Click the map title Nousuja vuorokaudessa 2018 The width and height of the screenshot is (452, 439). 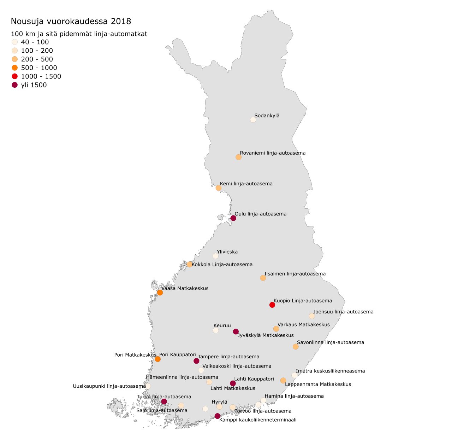71,21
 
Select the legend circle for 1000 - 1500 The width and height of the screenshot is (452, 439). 14,76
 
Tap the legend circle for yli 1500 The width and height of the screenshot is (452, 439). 14,85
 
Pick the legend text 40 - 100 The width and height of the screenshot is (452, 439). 35,42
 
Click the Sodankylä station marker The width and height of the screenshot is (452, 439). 253,120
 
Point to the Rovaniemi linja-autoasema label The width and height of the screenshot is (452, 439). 273,153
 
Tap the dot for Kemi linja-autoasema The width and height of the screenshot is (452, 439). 219,188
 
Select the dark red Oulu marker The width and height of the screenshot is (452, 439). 233,218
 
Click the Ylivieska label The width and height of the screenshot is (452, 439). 227,252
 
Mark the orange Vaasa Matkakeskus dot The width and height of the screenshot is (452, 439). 160,293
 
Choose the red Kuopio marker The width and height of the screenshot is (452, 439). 272,305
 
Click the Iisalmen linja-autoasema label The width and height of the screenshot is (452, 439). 295,273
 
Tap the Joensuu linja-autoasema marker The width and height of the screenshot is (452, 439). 312,316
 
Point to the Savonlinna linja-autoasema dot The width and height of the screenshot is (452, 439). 296,347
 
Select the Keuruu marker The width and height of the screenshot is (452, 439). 216,330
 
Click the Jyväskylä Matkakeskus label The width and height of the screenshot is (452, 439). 266,335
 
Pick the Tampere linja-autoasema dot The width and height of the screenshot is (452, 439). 196,361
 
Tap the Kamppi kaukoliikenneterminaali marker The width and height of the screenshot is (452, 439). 218,416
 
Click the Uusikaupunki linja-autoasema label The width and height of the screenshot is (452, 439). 109,386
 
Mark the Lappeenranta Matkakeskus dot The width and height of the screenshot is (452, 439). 283,380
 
